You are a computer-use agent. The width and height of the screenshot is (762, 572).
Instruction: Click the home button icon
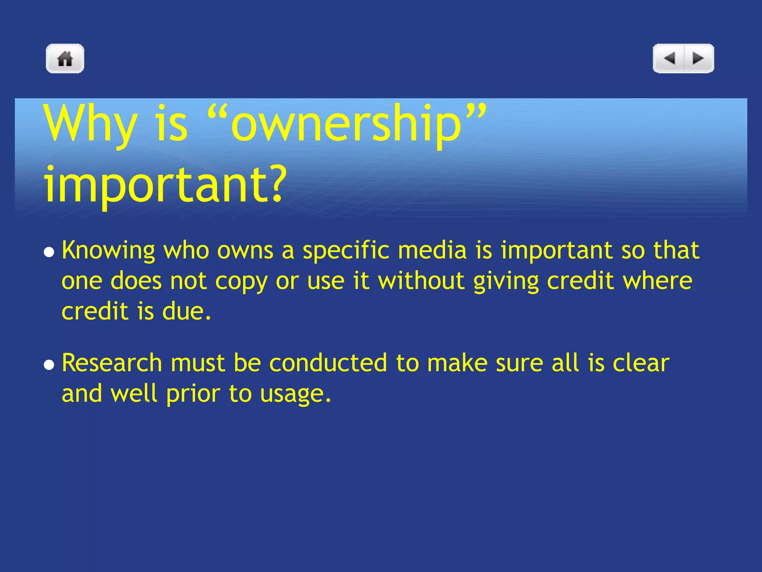65,58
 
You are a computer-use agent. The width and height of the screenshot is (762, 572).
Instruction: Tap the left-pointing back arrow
669,58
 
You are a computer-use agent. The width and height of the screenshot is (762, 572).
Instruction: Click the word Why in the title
90,124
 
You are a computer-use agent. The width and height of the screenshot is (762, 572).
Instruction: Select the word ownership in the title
346,124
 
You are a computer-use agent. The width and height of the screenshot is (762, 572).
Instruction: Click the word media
432,250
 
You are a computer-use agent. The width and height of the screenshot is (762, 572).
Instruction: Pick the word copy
241,282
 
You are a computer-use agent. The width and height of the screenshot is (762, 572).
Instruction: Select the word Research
112,363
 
